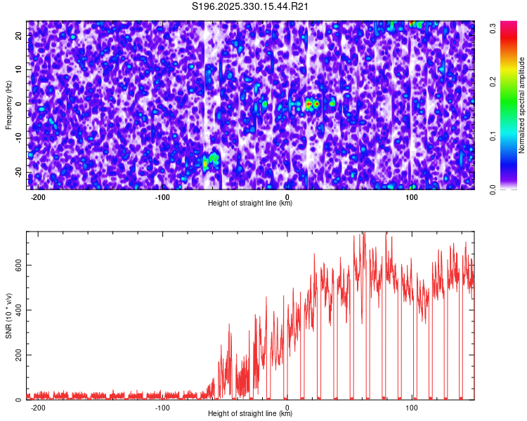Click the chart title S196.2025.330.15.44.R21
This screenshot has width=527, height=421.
click(251, 6)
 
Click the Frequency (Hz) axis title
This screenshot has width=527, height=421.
click(8, 105)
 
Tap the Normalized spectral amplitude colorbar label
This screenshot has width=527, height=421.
click(522, 105)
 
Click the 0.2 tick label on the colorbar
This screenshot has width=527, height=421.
click(494, 81)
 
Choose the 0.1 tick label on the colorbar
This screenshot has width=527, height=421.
click(494, 135)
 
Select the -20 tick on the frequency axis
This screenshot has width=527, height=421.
click(18, 172)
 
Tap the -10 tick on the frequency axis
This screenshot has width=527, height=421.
click(18, 138)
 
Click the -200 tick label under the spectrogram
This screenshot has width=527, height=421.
click(38, 196)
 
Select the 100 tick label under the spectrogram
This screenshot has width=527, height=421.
click(412, 196)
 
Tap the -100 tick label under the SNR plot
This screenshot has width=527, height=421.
click(162, 407)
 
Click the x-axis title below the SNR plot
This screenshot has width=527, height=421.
click(250, 414)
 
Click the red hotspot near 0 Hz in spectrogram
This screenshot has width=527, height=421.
click(309, 104)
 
